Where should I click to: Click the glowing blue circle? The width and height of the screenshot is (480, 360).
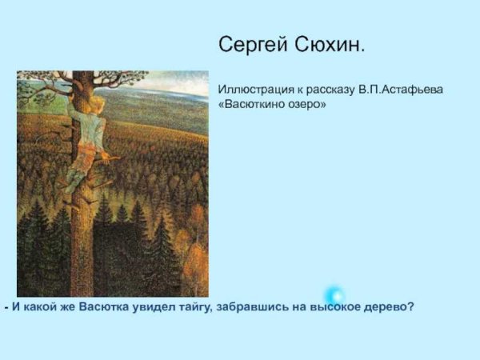pos(334,295)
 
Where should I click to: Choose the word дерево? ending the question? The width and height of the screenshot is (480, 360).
pos(390,306)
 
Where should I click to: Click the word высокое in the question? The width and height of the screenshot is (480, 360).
pos(338,306)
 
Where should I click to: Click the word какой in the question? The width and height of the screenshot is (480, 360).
pos(39,306)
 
